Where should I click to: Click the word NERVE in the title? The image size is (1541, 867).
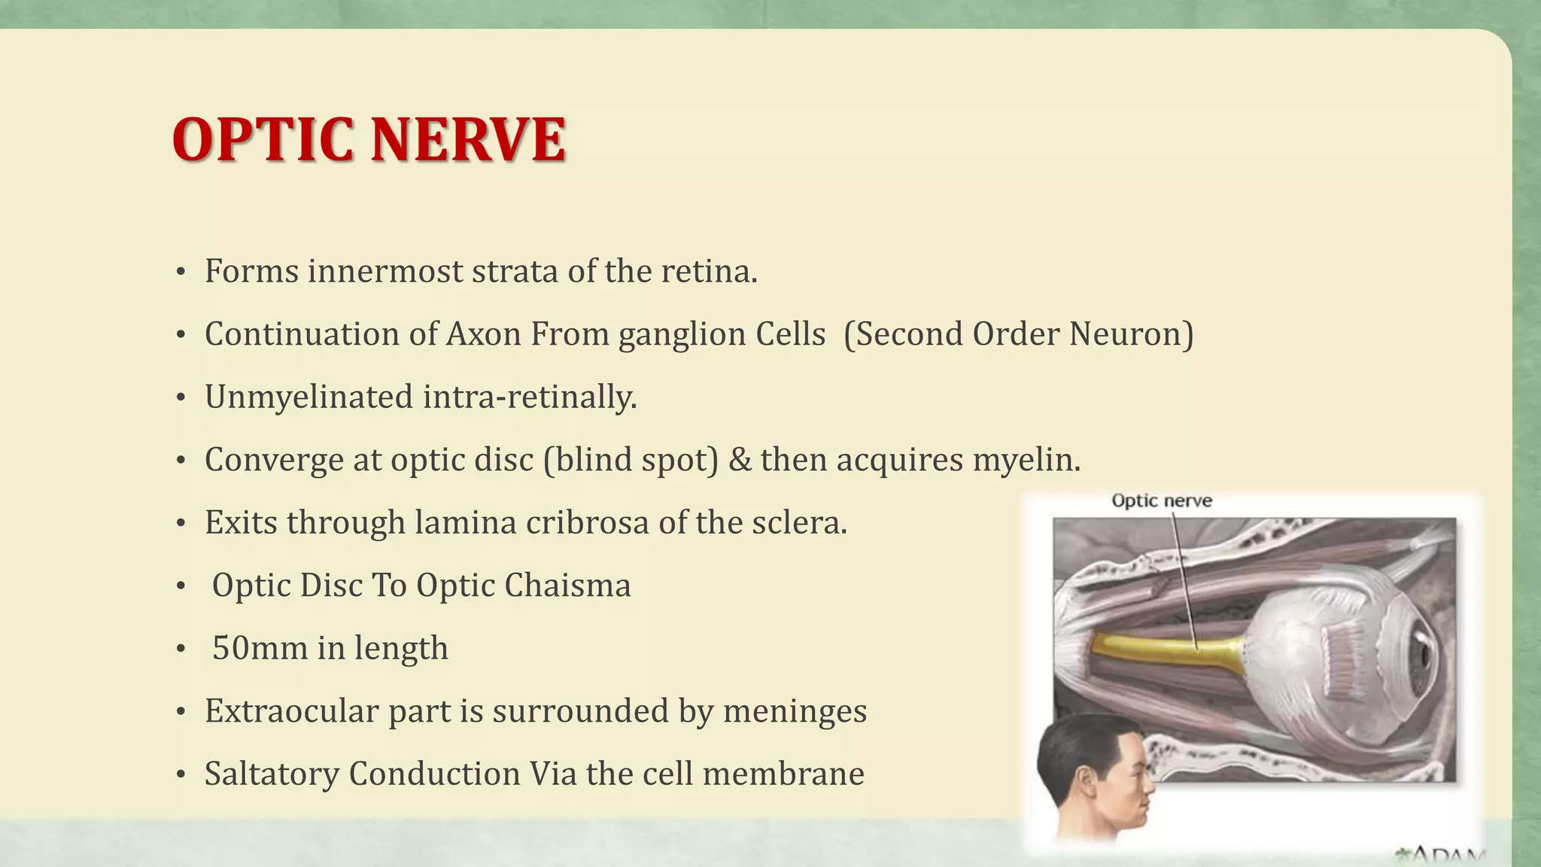click(x=467, y=140)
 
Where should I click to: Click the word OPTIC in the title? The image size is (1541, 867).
click(x=263, y=140)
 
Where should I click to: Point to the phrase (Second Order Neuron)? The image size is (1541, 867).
click(x=1018, y=334)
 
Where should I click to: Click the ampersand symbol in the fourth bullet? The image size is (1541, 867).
click(x=740, y=460)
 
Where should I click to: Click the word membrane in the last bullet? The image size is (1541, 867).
click(x=783, y=774)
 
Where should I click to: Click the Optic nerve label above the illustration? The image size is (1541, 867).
click(x=1161, y=501)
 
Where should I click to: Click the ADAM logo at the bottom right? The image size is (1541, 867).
click(x=1441, y=855)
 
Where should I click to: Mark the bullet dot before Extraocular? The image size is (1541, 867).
click(x=181, y=712)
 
